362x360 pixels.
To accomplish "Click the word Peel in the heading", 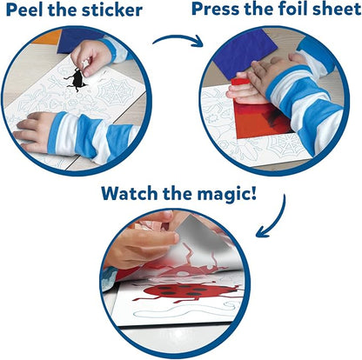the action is [x=24, y=10].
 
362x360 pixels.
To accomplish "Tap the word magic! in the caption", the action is [x=225, y=194].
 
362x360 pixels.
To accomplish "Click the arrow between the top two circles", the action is [x=178, y=40].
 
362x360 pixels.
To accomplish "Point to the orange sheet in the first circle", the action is [x=47, y=37].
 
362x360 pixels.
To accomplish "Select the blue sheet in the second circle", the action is [x=244, y=54].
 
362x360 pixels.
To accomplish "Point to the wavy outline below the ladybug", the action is [x=185, y=310].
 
